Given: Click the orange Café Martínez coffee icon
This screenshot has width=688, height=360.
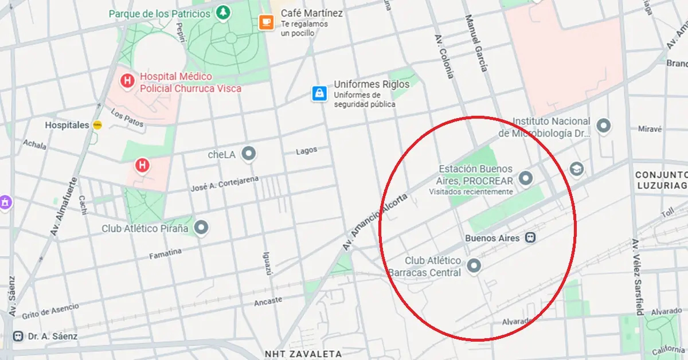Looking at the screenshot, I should point(266,22).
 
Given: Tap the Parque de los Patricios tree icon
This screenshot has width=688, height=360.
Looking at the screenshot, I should point(223,12).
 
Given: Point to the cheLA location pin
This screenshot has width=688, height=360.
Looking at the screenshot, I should point(248,154).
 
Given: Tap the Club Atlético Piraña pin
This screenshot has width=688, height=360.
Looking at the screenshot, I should point(201,228).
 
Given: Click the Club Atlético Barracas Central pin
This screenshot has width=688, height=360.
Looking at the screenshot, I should point(474,266).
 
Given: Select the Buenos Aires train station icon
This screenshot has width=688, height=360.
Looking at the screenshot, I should point(531,237).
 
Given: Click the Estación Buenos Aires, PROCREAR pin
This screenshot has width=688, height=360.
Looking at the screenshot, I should point(525,179).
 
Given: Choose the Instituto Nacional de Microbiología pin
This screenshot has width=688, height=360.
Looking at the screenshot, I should point(603,126).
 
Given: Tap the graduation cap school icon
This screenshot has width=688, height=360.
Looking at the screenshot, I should point(576,169).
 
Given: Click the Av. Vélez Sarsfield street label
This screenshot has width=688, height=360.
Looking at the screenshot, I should point(638,276).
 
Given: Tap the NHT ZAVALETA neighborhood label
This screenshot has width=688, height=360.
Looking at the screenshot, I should point(303,354).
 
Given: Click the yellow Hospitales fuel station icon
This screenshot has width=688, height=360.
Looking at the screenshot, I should point(97,125).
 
